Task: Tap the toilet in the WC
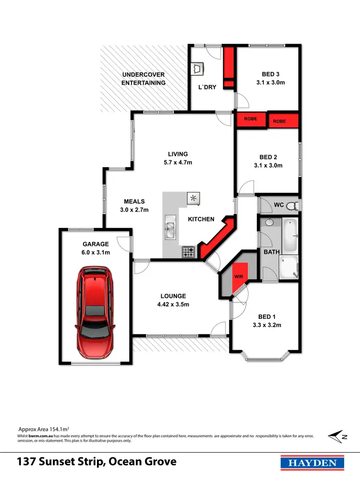click(x=294, y=205)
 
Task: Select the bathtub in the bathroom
click(x=290, y=236)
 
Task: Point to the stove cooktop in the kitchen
click(x=188, y=251)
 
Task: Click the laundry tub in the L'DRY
click(x=197, y=70)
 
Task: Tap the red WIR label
click(x=239, y=277)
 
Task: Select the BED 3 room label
click(x=271, y=74)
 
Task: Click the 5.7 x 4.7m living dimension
click(x=178, y=162)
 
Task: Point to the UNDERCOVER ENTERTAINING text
click(x=144, y=79)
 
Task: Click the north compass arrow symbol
click(x=337, y=436)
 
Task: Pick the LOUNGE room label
click(x=173, y=296)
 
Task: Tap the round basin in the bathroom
click(x=269, y=223)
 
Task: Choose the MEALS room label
click(x=134, y=202)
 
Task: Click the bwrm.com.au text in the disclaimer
click(x=40, y=436)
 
